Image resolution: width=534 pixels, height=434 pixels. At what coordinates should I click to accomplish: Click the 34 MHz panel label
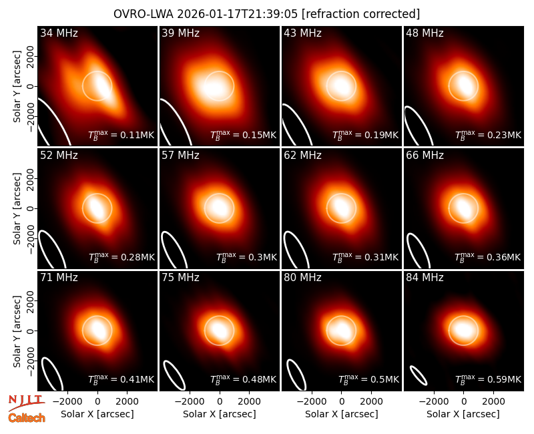pyautogui.click(x=59, y=33)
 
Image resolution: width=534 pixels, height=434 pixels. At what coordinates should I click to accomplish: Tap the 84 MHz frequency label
pyautogui.click(x=425, y=278)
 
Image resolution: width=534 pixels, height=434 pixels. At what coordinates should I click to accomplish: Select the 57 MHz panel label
pyautogui.click(x=180, y=156)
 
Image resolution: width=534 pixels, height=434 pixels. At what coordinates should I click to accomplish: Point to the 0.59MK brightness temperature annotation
pyautogui.click(x=488, y=379)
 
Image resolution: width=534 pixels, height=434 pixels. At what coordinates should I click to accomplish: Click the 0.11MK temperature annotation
pyautogui.click(x=121, y=135)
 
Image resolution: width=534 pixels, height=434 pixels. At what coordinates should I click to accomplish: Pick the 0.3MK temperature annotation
pyautogui.click(x=246, y=257)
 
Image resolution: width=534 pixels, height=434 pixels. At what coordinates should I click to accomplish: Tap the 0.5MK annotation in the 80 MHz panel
pyautogui.click(x=368, y=379)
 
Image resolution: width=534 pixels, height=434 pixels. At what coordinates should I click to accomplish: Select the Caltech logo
pyautogui.click(x=27, y=418)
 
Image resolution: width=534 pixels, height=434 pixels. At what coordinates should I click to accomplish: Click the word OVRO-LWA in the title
pyautogui.click(x=144, y=14)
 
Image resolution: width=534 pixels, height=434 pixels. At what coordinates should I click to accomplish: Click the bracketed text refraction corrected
pyautogui.click(x=360, y=14)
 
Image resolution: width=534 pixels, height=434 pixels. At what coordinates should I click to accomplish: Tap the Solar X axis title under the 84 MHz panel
pyautogui.click(x=463, y=414)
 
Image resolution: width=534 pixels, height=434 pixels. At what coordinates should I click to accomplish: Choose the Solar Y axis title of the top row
pyautogui.click(x=17, y=87)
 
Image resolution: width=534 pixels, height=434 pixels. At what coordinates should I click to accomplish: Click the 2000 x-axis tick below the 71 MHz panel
pyautogui.click(x=127, y=402)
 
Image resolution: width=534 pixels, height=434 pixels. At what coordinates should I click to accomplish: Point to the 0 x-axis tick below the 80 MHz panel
pyautogui.click(x=342, y=402)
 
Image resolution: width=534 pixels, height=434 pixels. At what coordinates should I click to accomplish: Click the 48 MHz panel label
pyautogui.click(x=425, y=33)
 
